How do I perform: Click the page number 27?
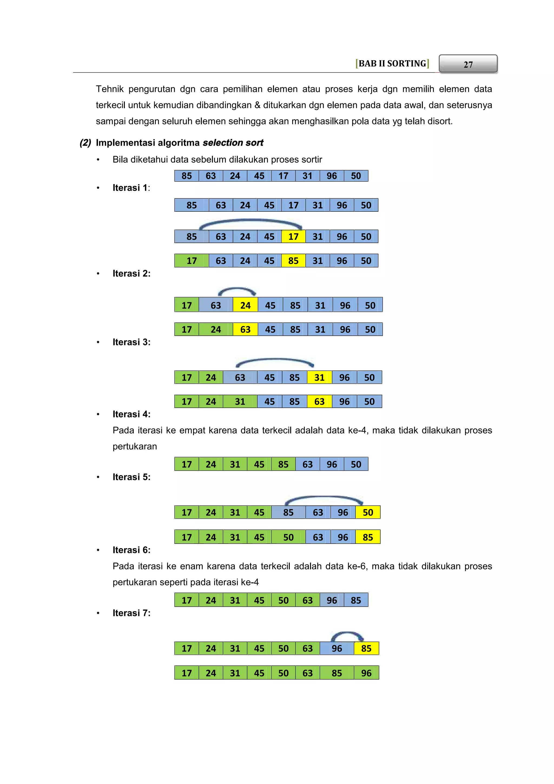click(468, 64)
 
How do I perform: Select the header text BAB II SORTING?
click(392, 64)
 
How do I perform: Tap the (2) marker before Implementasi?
click(85, 143)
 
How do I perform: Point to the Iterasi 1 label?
click(131, 188)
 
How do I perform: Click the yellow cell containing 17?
click(294, 237)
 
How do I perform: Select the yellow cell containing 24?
click(245, 305)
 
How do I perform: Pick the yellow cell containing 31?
click(319, 378)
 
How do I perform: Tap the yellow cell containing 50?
click(368, 512)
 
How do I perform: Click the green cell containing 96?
click(366, 673)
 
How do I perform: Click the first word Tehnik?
click(110, 89)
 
